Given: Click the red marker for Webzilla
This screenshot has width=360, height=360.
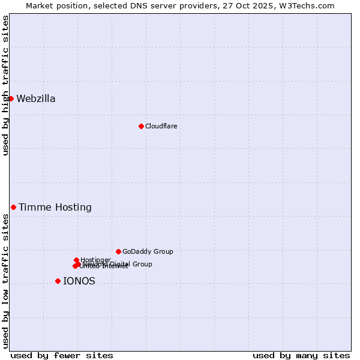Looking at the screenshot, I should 11,98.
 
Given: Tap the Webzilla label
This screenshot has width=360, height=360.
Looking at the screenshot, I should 36,99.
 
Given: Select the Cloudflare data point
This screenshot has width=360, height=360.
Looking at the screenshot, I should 141,126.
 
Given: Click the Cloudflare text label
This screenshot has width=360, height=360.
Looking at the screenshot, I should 161,126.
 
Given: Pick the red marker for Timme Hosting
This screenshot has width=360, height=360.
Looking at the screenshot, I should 13,207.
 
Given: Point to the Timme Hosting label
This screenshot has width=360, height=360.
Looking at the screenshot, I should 55,208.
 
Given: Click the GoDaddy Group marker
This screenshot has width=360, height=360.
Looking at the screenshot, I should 118,251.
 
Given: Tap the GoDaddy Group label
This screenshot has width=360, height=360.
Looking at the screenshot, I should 148,251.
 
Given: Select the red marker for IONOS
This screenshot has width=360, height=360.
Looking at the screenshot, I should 58,281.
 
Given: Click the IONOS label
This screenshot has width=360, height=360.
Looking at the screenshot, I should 79,281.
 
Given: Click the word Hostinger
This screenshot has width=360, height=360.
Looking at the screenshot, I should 95,260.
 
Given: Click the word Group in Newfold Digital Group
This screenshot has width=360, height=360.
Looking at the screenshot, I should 142,264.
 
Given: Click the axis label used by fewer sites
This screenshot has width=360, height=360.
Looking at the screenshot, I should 62,355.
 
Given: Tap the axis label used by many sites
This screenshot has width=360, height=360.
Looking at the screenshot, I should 301,355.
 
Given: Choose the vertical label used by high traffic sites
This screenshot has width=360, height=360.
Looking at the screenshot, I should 5,85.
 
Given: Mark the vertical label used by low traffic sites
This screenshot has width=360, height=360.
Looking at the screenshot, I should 5,281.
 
